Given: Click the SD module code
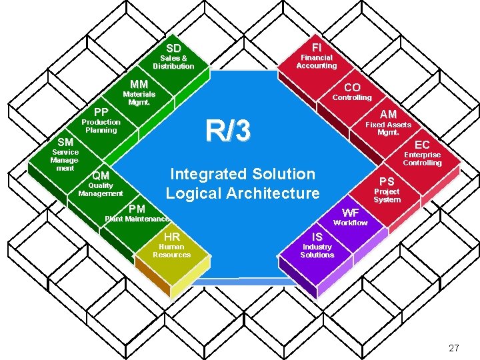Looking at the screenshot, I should (173, 48).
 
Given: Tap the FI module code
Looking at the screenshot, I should (317, 47).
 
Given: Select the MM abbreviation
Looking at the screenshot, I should (139, 85).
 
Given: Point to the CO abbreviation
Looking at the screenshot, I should (352, 87).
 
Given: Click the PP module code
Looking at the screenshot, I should (101, 112).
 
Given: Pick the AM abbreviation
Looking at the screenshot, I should (389, 115).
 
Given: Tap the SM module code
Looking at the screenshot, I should (65, 142).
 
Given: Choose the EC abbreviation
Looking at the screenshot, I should (422, 145).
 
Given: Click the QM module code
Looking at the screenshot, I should (101, 176).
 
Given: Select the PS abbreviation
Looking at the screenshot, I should (387, 181).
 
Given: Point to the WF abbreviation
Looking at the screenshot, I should (350, 213).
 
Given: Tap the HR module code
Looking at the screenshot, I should (171, 237).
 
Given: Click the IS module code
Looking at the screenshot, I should (317, 237).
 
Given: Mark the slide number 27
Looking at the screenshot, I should (454, 347).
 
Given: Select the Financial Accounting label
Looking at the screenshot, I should (317, 62).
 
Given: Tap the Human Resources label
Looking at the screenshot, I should (171, 251).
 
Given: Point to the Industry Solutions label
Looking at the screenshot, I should (317, 251).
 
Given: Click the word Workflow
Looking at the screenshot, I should (350, 223).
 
